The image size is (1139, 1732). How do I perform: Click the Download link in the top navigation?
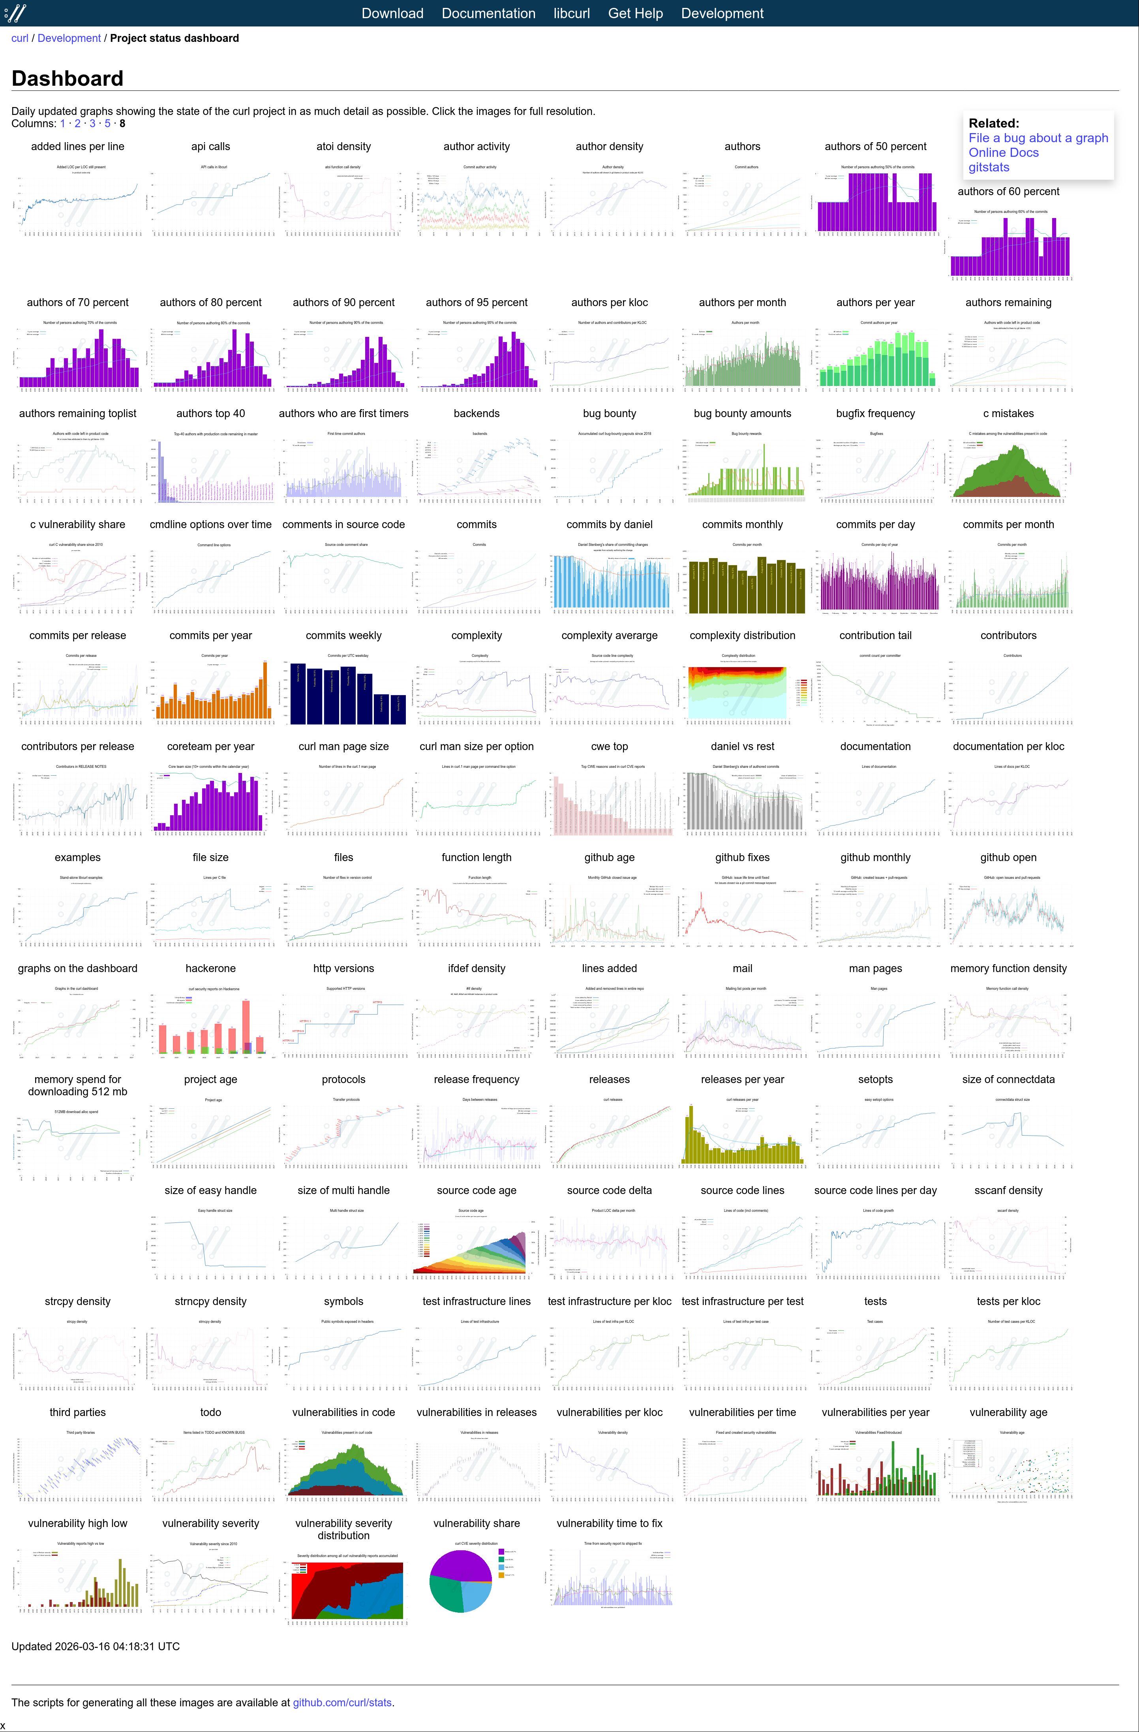(x=392, y=13)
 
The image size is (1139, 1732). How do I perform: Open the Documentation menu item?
(x=488, y=13)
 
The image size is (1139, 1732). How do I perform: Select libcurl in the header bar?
(x=571, y=13)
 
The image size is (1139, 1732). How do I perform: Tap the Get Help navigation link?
(x=635, y=13)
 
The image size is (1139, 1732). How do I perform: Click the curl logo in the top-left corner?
(x=15, y=13)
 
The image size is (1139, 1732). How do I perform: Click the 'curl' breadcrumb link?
(x=20, y=38)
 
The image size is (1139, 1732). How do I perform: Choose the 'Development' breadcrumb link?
(x=69, y=38)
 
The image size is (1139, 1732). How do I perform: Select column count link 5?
(x=108, y=124)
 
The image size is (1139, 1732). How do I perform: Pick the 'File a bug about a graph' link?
(x=1038, y=137)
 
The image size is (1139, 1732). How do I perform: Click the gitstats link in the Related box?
(x=989, y=167)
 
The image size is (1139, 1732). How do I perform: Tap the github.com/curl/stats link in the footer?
(x=342, y=1702)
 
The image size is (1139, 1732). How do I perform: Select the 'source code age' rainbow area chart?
(x=477, y=1245)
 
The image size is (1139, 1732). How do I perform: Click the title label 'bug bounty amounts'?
(x=742, y=414)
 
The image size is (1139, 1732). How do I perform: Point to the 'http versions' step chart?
(x=344, y=1023)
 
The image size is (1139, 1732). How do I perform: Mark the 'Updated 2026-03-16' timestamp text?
(x=95, y=1646)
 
